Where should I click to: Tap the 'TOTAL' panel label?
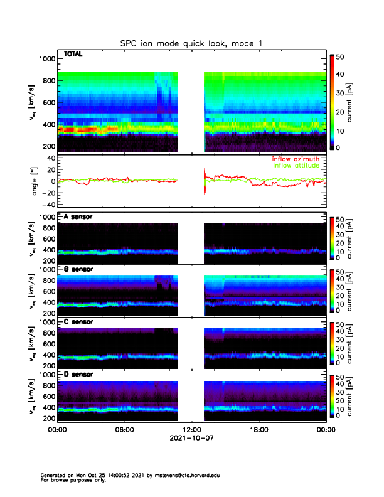click(x=73, y=55)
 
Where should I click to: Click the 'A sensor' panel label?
click(x=78, y=216)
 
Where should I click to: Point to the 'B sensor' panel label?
click(x=78, y=269)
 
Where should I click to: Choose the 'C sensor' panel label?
click(x=78, y=321)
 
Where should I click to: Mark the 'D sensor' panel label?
click(x=78, y=374)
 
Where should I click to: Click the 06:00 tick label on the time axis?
click(x=124, y=430)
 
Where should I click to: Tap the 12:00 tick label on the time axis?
click(x=191, y=430)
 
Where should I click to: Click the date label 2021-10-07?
click(x=191, y=439)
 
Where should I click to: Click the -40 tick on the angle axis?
click(x=45, y=205)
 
